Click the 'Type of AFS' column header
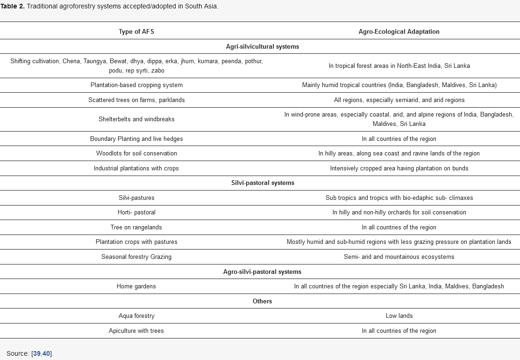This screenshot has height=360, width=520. (x=136, y=32)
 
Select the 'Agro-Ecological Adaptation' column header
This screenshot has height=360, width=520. (x=399, y=32)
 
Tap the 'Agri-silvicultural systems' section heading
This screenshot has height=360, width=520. (x=263, y=46)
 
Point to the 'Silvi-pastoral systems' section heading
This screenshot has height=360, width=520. (x=263, y=183)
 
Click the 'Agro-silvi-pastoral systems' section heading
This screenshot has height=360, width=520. (x=263, y=272)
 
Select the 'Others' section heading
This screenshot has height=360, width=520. (x=263, y=301)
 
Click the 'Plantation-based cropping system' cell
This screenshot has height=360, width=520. (x=136, y=85)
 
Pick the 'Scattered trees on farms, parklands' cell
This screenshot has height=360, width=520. (x=136, y=100)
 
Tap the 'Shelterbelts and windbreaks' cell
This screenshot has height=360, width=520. (x=136, y=119)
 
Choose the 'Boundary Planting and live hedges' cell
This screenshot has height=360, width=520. (x=136, y=139)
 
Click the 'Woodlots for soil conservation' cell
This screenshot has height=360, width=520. (x=136, y=153)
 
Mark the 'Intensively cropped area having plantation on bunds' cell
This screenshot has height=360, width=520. (x=399, y=168)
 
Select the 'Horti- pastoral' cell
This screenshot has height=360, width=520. (x=136, y=212)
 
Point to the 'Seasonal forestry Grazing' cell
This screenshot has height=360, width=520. (x=136, y=257)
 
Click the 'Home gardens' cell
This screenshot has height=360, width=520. (x=136, y=286)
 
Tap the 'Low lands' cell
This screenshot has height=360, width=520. (x=399, y=316)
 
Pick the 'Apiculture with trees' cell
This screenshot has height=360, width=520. (x=136, y=331)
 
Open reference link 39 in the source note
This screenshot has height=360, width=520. (x=37, y=353)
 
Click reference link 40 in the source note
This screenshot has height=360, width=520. (x=46, y=353)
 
